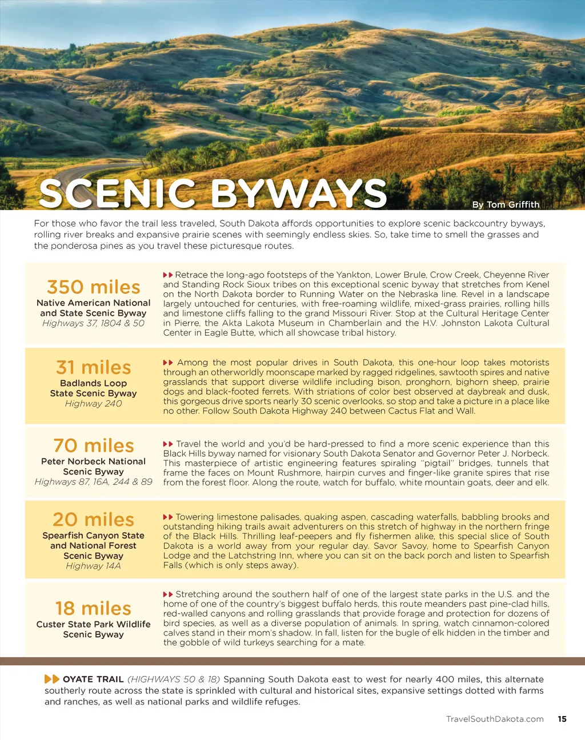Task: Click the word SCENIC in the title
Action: (117, 193)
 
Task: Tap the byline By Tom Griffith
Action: (506, 204)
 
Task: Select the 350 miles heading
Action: (93, 287)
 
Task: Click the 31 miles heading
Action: (93, 367)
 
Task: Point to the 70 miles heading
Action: (93, 445)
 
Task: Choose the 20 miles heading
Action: (93, 519)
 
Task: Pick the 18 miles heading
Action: (93, 608)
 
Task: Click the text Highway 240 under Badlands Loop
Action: (93, 404)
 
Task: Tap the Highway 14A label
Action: (93, 566)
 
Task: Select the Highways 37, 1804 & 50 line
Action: (93, 323)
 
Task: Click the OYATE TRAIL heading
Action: (93, 679)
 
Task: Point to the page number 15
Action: (562, 719)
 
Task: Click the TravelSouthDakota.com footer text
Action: (495, 719)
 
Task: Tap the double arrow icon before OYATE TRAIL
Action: (52, 679)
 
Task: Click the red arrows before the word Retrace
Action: (168, 275)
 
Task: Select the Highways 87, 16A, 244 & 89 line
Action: (93, 482)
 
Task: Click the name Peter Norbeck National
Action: (93, 461)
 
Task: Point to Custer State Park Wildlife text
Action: (93, 624)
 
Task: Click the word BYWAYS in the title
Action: (299, 193)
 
